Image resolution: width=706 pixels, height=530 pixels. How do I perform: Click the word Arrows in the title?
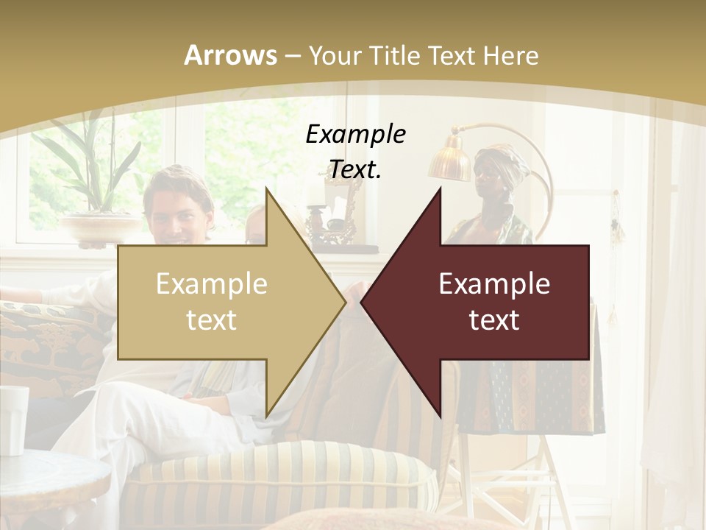(x=230, y=55)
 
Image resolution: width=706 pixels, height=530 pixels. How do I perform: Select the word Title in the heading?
(x=389, y=55)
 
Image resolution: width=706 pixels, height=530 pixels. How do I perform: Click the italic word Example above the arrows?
(x=355, y=134)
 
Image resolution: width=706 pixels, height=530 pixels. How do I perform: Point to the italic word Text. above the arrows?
(x=355, y=169)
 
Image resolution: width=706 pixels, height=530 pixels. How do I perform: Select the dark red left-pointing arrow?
(x=485, y=302)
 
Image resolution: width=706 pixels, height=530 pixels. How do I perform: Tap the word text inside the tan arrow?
(x=211, y=320)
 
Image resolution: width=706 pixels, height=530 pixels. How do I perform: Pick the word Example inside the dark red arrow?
(x=494, y=284)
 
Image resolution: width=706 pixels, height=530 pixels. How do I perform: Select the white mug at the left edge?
(x=13, y=420)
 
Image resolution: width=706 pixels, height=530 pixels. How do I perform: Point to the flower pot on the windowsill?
(x=96, y=228)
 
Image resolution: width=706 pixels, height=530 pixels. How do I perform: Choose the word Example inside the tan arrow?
(x=211, y=284)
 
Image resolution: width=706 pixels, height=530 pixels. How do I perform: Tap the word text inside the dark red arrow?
(x=494, y=320)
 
